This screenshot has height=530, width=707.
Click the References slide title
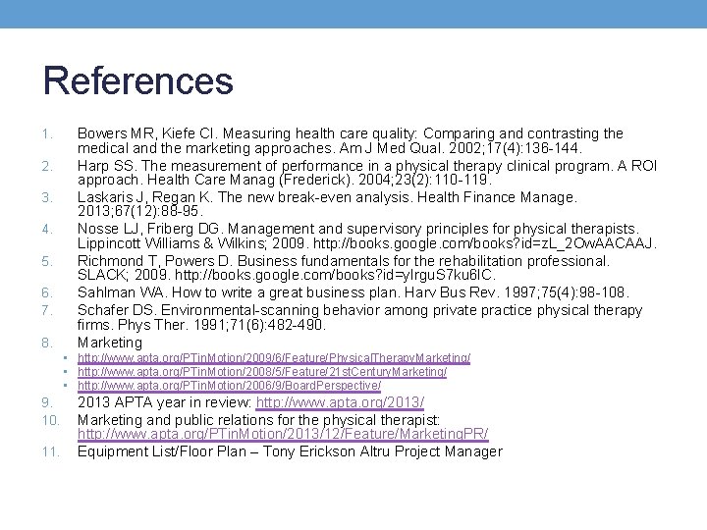tap(138, 80)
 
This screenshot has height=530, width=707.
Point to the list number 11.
tap(51, 452)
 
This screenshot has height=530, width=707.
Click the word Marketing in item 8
tap(110, 343)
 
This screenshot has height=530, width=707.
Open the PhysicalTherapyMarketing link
tap(274, 358)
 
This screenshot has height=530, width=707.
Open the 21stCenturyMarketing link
tap(262, 372)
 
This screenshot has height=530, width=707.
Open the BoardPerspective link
tap(257, 386)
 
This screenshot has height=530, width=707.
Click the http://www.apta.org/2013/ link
tap(340, 403)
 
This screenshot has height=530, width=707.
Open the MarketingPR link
tap(283, 435)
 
